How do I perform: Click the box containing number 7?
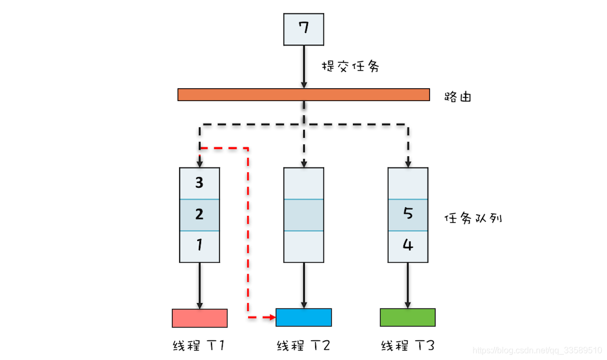(303, 29)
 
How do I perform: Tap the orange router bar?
(303, 95)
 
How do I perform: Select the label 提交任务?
(350, 67)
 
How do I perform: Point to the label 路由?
(458, 97)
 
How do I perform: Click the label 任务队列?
(473, 219)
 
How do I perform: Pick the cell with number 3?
(199, 183)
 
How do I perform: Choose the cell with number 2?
(199, 215)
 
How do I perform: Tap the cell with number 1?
(199, 246)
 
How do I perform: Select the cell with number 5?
(408, 214)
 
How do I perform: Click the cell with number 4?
(408, 246)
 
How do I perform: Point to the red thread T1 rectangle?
(199, 318)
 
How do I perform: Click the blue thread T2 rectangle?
(303, 317)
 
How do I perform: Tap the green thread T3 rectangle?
(408, 317)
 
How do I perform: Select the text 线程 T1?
(199, 346)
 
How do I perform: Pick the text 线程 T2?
(303, 346)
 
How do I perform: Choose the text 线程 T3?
(408, 346)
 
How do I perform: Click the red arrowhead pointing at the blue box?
(272, 317)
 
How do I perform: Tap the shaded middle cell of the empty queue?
(303, 215)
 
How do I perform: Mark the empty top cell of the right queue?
(408, 183)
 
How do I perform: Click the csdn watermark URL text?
(537, 350)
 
